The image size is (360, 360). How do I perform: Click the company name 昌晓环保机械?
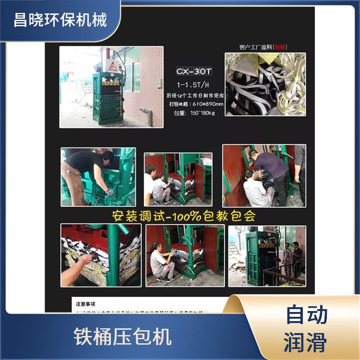[60, 21]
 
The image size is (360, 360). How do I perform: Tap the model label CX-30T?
[194, 72]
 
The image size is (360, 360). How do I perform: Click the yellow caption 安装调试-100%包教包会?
[184, 216]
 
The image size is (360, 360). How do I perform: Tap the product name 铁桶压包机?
[122, 336]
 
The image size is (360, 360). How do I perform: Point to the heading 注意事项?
[87, 304]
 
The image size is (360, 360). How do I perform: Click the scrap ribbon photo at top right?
[265, 85]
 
